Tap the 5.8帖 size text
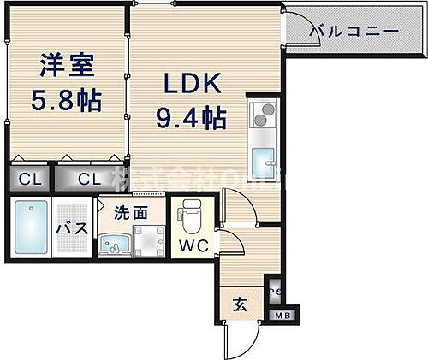(x=65, y=101)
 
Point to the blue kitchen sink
(x=262, y=157)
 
